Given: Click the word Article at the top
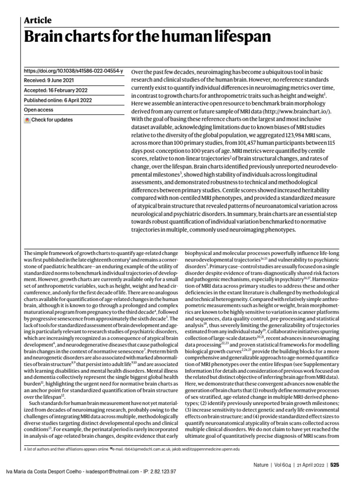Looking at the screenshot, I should [37, 20].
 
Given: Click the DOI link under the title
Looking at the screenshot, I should [74, 71].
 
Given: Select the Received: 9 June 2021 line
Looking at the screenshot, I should [51, 81].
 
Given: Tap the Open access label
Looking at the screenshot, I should [38, 110].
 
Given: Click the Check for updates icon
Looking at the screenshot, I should [27, 120].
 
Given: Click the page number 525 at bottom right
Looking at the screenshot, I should [334, 465].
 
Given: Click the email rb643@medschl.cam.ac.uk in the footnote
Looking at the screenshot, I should [143, 449].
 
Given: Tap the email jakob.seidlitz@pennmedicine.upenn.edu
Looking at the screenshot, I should [206, 449].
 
